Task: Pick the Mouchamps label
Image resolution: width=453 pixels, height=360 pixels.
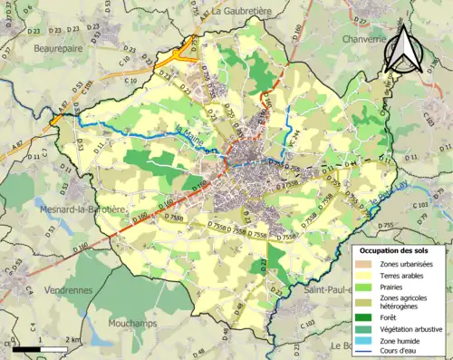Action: [x=136, y=321]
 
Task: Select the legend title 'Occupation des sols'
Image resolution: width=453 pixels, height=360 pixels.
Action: [x=393, y=249]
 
